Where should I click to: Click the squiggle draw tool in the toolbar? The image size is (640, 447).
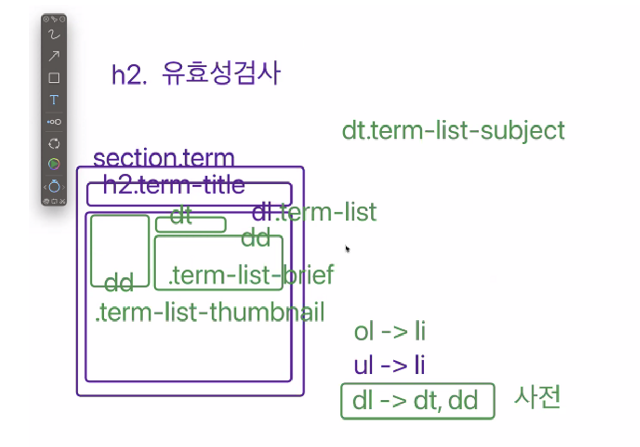(54, 34)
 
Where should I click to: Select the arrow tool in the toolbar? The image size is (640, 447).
(54, 56)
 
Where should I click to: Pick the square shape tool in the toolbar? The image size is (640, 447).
(54, 78)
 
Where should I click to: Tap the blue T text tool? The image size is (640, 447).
(54, 100)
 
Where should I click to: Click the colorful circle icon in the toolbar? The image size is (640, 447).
(54, 164)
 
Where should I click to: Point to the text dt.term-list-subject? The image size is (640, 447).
(453, 131)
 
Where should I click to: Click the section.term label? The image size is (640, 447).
(164, 157)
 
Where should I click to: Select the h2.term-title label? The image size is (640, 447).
(174, 184)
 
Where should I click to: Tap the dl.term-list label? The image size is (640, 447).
(314, 212)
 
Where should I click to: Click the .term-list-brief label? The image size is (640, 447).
(251, 274)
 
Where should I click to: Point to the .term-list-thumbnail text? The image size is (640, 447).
(210, 312)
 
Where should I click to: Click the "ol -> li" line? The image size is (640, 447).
(389, 331)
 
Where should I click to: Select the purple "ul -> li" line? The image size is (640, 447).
(389, 365)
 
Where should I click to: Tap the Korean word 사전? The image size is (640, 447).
(537, 397)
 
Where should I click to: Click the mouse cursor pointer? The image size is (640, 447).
(347, 249)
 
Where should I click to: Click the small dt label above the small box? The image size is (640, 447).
(181, 215)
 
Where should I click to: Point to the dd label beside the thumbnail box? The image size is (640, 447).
(119, 282)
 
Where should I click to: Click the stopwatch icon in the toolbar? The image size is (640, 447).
(54, 187)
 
